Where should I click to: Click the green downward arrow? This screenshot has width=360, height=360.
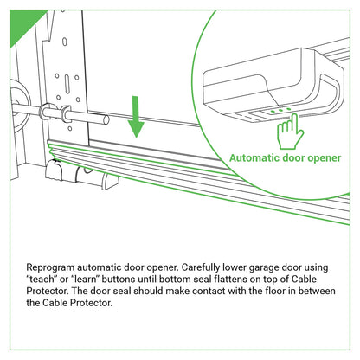(135, 118)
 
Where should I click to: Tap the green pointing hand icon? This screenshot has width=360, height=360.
(287, 132)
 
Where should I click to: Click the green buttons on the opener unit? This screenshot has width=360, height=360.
(275, 109)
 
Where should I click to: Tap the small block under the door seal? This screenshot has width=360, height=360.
(107, 181)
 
